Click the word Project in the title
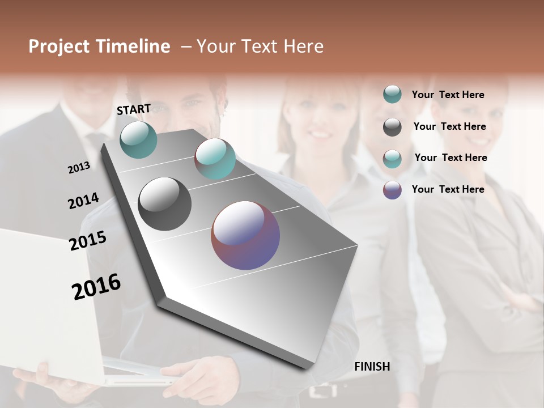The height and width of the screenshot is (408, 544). [x=59, y=46]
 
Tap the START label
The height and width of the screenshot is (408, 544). [x=134, y=109]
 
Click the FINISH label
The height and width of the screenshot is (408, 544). [x=372, y=367]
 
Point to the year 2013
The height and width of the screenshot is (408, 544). [x=79, y=168]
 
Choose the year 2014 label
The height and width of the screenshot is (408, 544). [x=83, y=201]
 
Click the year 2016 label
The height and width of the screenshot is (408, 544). [x=96, y=286]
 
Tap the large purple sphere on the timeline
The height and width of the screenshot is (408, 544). [x=245, y=235]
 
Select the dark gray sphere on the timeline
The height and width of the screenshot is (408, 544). [x=164, y=204]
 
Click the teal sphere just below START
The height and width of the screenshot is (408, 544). [x=138, y=139]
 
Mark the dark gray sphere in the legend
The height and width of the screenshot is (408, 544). [x=392, y=127]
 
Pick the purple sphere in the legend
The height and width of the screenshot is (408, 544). [x=392, y=190]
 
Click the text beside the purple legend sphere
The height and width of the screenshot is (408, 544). [x=448, y=189]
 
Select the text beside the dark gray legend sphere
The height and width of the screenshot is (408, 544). [x=449, y=126]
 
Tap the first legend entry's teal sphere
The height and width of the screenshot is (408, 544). [x=392, y=94]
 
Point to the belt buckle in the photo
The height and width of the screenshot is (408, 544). [x=323, y=390]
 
